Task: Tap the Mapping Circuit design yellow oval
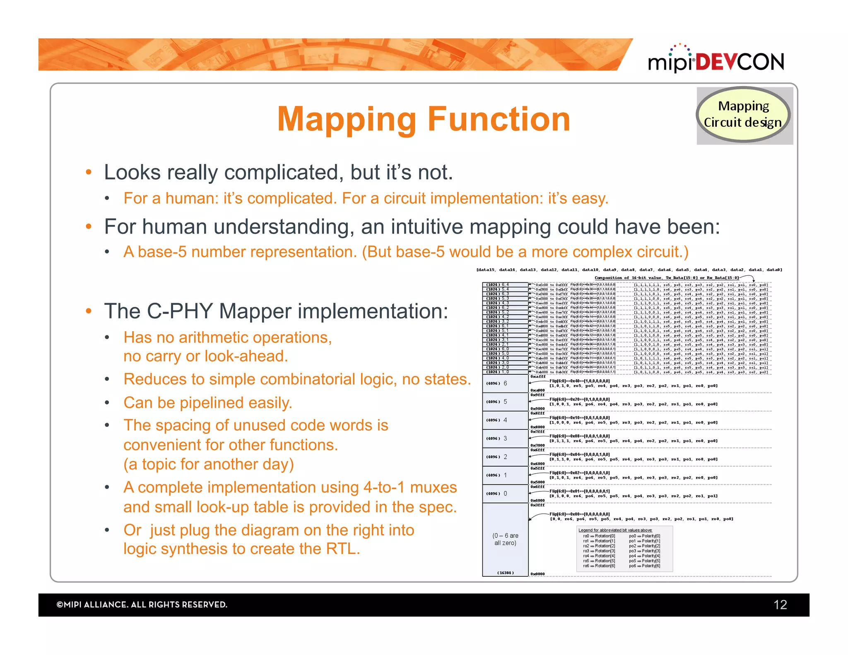coord(743,114)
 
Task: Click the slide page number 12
coord(780,605)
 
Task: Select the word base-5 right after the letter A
coord(162,252)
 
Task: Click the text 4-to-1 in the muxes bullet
coord(384,487)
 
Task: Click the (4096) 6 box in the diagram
coord(505,383)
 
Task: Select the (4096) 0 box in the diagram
coord(505,494)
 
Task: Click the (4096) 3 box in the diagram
coord(505,438)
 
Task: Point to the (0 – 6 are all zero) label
coord(505,539)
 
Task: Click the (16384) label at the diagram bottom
coord(505,573)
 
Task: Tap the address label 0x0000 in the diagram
coord(537,574)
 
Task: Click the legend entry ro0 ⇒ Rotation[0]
coord(599,536)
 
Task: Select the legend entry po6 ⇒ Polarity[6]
coord(645,566)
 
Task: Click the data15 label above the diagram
coord(486,270)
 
